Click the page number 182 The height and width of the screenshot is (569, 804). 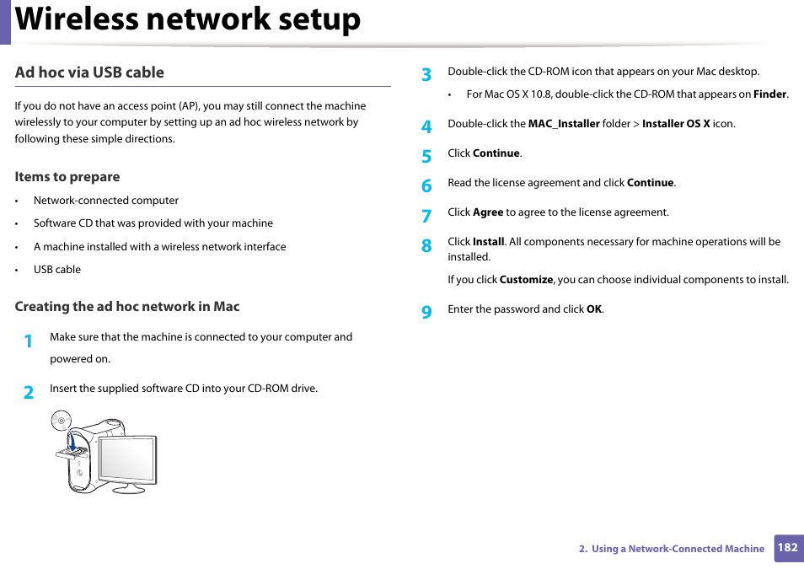(x=787, y=547)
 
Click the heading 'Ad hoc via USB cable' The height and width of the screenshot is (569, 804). (x=89, y=72)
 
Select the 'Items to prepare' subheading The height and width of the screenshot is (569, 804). (x=67, y=177)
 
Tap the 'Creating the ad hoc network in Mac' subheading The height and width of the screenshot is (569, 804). (x=127, y=307)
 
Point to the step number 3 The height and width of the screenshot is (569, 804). (x=426, y=75)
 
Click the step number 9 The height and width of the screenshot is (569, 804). (x=426, y=313)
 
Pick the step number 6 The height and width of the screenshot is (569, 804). (x=426, y=185)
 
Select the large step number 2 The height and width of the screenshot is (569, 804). (x=29, y=392)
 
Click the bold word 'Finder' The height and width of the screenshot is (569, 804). (x=769, y=94)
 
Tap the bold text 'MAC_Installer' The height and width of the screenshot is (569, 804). (x=564, y=124)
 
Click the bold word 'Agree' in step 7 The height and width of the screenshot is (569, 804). (x=488, y=212)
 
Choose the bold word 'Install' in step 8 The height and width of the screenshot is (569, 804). (x=488, y=242)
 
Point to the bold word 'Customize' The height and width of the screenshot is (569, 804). (x=526, y=280)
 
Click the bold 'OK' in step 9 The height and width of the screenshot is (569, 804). (x=594, y=309)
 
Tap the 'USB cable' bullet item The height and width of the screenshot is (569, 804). (x=57, y=270)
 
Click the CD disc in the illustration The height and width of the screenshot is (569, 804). (x=61, y=420)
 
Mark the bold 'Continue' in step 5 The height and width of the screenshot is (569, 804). (x=496, y=153)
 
